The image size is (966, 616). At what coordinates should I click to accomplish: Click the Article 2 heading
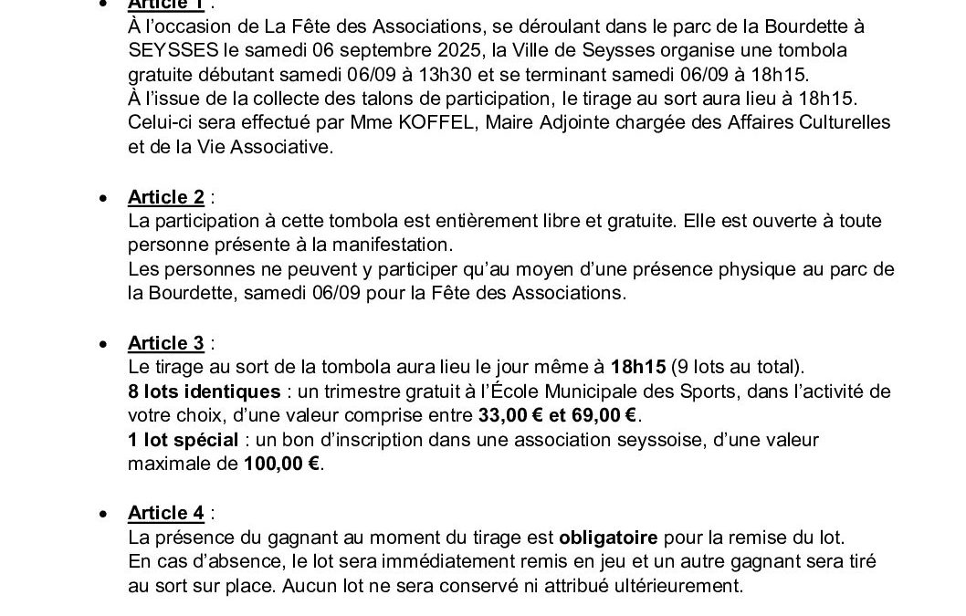pyautogui.click(x=165, y=197)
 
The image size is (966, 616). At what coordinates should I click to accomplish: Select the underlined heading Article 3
pyautogui.click(x=165, y=343)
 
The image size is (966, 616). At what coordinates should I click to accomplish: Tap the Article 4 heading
pyautogui.click(x=165, y=512)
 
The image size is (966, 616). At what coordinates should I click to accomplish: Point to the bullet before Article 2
pyautogui.click(x=107, y=198)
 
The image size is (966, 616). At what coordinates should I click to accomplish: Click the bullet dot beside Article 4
pyautogui.click(x=107, y=513)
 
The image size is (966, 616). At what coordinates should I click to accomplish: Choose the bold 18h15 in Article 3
pyautogui.click(x=638, y=368)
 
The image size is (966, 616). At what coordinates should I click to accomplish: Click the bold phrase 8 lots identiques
pyautogui.click(x=205, y=392)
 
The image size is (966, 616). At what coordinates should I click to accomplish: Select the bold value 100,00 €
pyautogui.click(x=283, y=464)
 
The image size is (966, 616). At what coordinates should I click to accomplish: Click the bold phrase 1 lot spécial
pyautogui.click(x=183, y=440)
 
